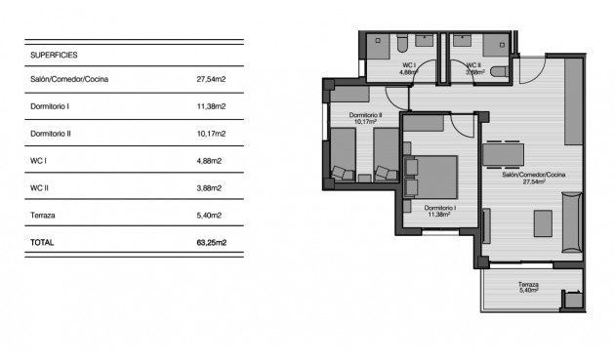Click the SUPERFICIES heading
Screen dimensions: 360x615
click(54, 56)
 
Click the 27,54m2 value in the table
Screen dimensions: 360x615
click(211, 78)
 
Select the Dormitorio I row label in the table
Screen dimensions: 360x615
click(50, 105)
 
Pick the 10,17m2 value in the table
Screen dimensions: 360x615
click(211, 133)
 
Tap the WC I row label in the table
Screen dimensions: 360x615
click(39, 160)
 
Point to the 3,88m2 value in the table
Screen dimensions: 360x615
click(210, 187)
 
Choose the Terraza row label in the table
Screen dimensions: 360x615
click(44, 215)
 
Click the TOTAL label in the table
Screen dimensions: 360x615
click(43, 242)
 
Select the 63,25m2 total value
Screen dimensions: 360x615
click(211, 242)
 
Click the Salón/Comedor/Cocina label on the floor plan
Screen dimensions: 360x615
click(533, 175)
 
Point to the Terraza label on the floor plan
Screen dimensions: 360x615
click(528, 284)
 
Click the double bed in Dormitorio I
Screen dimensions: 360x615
click(432, 178)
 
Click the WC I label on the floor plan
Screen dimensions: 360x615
click(408, 65)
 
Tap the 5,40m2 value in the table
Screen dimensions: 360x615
click(210, 215)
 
